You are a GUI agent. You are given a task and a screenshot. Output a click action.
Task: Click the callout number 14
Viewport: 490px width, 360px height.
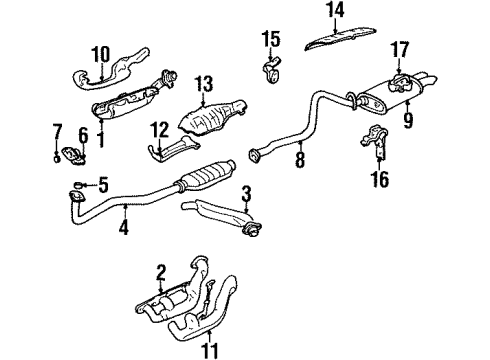coord(335,12)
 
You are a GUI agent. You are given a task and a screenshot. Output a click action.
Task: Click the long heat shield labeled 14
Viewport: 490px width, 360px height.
coord(341,39)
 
